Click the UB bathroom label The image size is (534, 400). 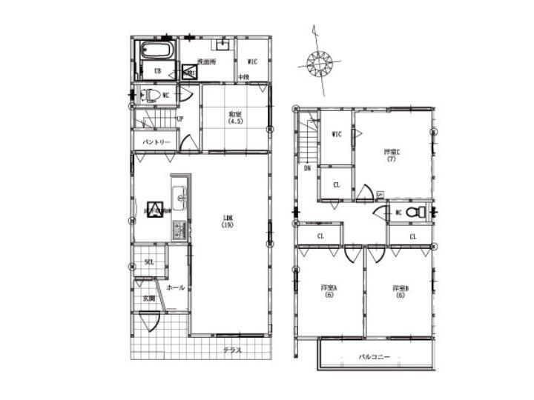[x=157, y=71]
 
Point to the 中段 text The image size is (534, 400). [x=243, y=77]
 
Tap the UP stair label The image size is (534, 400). [x=180, y=119]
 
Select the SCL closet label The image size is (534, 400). [x=149, y=263]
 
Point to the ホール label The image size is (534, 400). [x=176, y=287]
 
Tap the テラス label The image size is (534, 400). [x=233, y=350]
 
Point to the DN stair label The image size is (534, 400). [x=307, y=168]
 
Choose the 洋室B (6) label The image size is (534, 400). [x=401, y=291]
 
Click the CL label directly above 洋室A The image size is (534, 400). [x=320, y=236]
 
